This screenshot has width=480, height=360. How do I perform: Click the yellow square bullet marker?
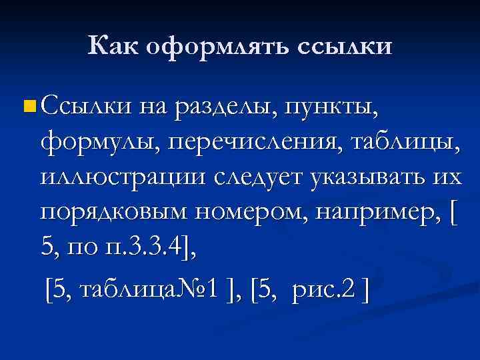27,105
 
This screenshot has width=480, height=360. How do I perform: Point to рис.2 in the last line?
327,290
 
